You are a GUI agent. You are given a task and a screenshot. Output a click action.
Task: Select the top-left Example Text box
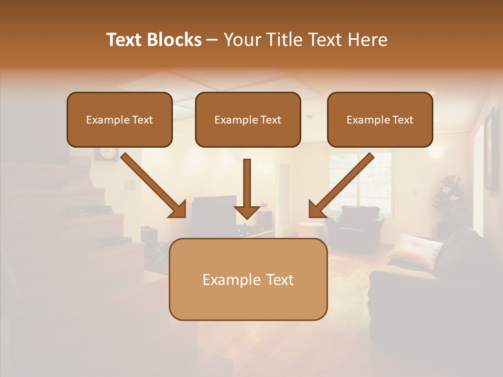(x=119, y=120)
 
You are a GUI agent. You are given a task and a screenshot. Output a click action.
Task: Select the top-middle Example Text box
(x=248, y=120)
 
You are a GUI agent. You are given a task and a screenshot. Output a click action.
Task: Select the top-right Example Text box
(x=380, y=120)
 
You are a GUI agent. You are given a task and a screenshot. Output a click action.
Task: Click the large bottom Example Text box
(x=248, y=280)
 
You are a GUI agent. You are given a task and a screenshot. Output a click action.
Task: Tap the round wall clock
(x=106, y=153)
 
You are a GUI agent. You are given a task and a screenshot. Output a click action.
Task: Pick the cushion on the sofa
(x=414, y=248)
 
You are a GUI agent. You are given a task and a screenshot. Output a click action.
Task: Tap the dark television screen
(x=212, y=212)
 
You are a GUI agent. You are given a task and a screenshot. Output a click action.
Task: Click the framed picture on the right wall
(x=491, y=149)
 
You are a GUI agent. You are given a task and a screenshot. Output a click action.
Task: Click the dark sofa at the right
(x=435, y=293)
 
